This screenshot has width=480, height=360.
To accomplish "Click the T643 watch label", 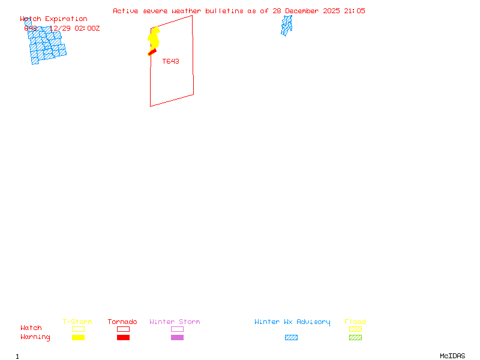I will (170, 61).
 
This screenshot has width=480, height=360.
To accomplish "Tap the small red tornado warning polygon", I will (152, 53).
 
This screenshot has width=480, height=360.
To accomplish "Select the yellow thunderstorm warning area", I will (154, 38).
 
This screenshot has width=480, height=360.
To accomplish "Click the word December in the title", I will (305, 11).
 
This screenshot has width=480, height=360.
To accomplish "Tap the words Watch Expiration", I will (53, 19).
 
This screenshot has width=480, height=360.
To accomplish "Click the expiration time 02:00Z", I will (87, 28).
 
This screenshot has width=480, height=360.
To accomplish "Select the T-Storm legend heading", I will (77, 322).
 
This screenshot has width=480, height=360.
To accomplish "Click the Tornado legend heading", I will (122, 322).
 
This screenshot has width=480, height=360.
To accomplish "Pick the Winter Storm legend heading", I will (175, 322).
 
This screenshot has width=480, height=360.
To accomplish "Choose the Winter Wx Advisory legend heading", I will (292, 322).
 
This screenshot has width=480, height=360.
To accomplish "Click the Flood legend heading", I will (355, 322).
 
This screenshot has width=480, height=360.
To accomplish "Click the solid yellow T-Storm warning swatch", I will (78, 337).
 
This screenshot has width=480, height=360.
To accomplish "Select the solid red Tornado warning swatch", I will (123, 337).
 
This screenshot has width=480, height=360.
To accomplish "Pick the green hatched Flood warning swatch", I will (355, 337).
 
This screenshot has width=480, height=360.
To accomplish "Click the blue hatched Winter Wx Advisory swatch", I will (291, 337).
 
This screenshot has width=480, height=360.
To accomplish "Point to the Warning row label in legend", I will (35, 337).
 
